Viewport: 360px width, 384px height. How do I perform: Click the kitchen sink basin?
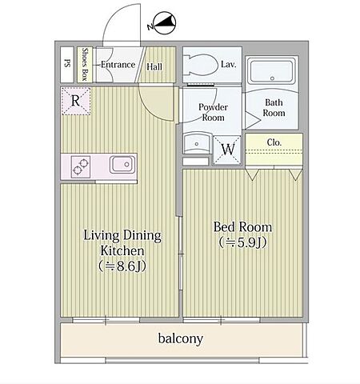[122, 164]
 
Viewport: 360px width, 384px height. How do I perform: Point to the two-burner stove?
[81, 167]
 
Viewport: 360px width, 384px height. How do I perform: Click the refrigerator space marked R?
[76, 101]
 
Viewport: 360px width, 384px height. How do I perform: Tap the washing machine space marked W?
[228, 150]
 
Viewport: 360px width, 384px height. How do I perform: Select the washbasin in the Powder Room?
[197, 143]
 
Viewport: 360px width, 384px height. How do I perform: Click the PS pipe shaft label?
[67, 63]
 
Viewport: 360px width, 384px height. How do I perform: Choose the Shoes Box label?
[85, 64]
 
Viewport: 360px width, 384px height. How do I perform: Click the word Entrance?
[118, 65]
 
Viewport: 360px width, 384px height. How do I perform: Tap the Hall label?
[154, 66]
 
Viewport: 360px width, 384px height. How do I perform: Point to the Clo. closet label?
[274, 142]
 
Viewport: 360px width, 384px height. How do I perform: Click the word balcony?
[181, 338]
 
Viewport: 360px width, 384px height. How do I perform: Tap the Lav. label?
[229, 65]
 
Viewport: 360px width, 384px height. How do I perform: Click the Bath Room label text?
[274, 108]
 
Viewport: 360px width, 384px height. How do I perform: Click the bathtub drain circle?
[272, 78]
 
